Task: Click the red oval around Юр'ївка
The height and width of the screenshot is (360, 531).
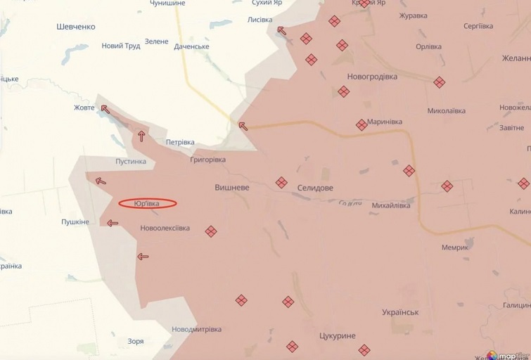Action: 147,204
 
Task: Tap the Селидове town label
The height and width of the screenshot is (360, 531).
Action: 315,188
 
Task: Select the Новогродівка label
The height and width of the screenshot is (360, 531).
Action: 372,76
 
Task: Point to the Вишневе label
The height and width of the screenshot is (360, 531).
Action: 232,188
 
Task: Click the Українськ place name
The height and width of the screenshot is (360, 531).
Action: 400,311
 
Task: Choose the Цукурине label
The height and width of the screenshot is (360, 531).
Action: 337,336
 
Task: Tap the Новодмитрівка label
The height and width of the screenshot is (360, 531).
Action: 196,329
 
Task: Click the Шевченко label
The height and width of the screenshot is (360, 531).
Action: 75,27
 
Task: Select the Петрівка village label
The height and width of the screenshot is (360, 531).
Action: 180,142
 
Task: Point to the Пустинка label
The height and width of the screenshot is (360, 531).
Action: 131,161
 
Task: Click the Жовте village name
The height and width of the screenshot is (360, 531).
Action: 84,108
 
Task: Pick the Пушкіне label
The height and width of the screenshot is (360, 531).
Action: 75,221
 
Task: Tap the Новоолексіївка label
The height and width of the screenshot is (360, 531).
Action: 165,228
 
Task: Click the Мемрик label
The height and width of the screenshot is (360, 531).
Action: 455,247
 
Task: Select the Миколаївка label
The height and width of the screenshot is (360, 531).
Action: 447,111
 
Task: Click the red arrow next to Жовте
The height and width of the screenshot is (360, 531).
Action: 105,109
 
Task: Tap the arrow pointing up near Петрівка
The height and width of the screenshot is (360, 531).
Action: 142,136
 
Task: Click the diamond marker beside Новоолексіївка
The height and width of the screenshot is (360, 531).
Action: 210,231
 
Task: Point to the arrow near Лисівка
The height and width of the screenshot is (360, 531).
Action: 282,30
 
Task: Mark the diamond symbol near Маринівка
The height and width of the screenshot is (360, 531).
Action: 362,125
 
